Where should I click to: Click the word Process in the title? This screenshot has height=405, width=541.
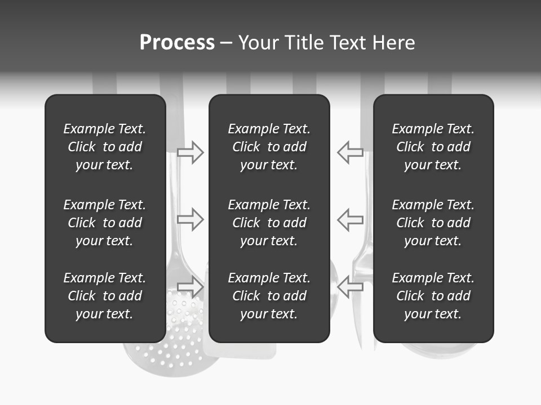coord(177,43)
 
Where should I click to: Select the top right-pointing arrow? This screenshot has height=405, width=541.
coord(190,152)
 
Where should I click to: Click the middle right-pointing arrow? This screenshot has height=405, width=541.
coord(190,219)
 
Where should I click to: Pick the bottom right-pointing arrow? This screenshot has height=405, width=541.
coord(190,286)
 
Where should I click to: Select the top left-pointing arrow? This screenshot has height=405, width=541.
coord(350,152)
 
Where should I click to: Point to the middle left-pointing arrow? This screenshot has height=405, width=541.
coord(350,219)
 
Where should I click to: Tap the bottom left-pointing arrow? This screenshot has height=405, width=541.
coord(350,286)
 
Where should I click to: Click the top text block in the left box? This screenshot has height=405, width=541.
coord(105,147)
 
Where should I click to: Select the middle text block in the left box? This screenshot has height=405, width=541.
coord(105,223)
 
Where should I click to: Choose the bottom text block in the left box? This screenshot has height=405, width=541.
coord(105,296)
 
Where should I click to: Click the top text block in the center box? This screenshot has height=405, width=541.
coord(269,147)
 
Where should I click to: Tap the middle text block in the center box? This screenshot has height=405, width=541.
coord(269,223)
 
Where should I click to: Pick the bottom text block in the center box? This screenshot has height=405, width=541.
coord(269,296)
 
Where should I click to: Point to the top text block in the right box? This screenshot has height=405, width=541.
coord(433,147)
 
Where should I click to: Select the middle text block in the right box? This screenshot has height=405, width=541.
coord(433,223)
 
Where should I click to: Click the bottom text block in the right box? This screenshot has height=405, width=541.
coord(433,296)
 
